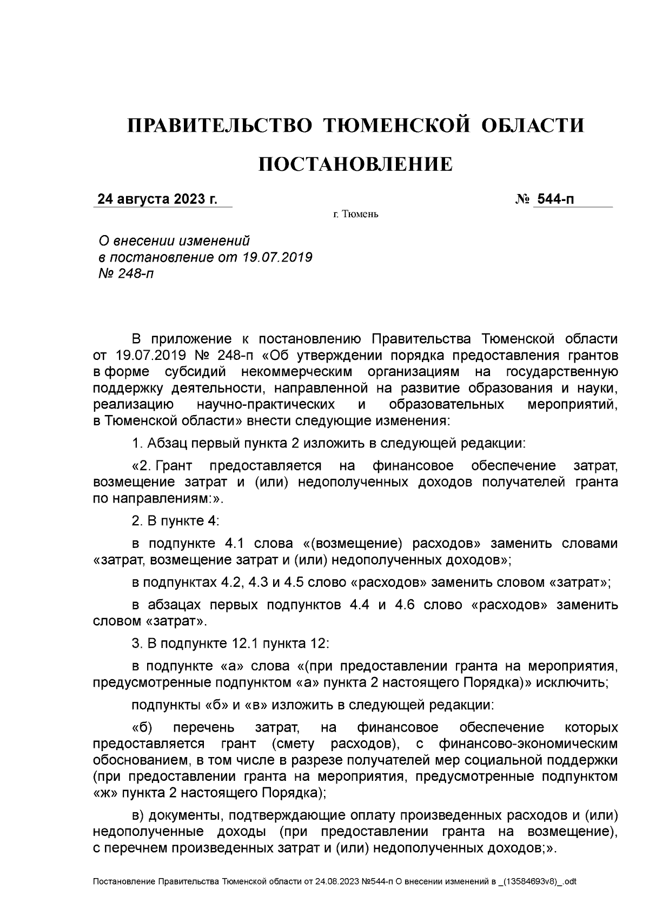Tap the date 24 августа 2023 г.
[x=157, y=199]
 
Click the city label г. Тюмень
[x=355, y=215]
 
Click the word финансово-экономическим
[x=528, y=744]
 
